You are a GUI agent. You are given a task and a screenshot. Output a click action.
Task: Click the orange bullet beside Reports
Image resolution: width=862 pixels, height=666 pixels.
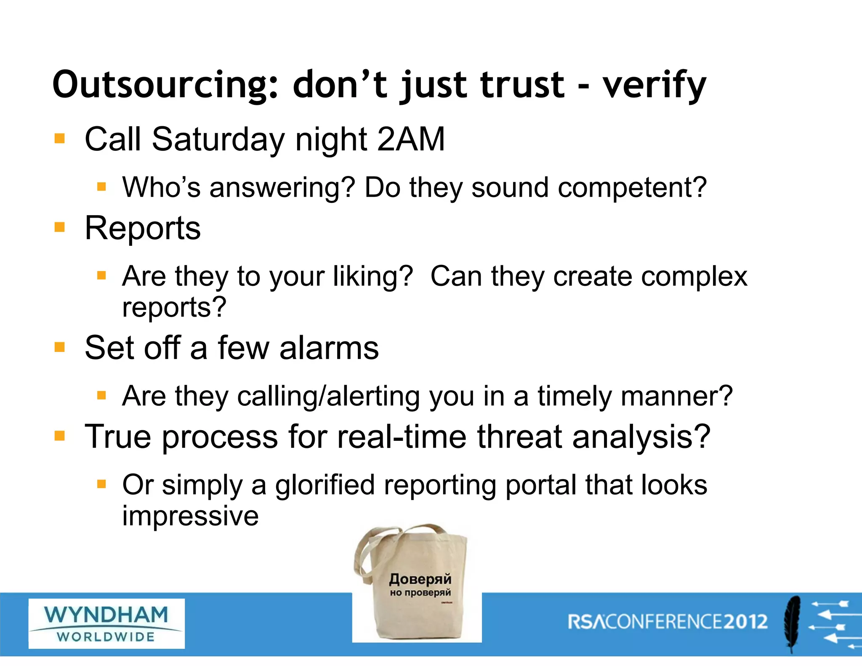point(60,228)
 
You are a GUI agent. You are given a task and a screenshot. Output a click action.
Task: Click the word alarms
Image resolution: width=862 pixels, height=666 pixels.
point(329,348)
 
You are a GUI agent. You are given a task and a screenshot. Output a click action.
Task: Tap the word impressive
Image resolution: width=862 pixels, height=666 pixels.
point(190,516)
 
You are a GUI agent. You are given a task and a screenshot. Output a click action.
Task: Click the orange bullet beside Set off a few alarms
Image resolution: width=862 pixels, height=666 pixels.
point(60,347)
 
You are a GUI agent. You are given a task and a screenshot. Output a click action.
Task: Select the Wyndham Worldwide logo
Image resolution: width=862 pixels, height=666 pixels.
point(106,623)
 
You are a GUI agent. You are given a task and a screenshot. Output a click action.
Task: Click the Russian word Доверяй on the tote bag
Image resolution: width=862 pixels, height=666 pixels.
point(420,579)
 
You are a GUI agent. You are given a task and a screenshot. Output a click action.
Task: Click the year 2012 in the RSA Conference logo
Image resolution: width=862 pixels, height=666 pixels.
point(746,622)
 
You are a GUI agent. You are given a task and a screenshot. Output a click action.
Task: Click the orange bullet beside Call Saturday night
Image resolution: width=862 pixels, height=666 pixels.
point(60,139)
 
